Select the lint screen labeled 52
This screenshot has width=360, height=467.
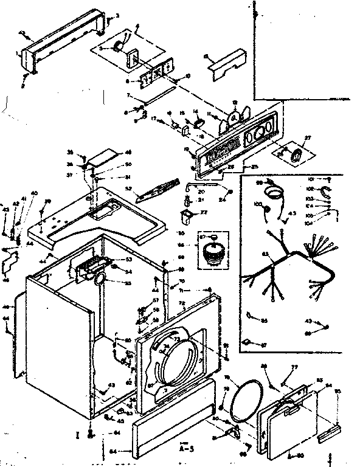(x=157, y=190)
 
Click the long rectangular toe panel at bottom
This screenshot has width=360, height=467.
(x=173, y=429)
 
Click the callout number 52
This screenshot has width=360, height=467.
(x=129, y=189)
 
